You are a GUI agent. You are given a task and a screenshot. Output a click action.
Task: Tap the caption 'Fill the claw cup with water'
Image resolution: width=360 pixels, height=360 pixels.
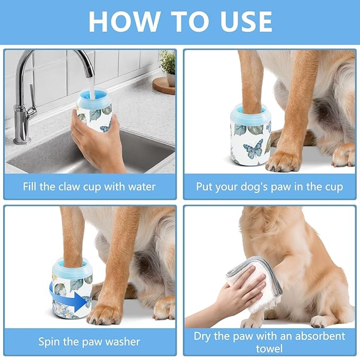coord(89,187)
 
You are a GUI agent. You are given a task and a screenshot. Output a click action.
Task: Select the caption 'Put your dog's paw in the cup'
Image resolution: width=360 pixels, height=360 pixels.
coord(269,187)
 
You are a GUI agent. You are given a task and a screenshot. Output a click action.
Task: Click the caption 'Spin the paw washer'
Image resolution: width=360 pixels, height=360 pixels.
coord(89,341)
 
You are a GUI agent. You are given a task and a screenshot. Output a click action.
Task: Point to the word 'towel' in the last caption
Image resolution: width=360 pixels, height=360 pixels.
coord(269,348)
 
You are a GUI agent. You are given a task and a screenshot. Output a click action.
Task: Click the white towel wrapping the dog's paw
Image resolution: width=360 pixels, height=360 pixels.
coord(249,281)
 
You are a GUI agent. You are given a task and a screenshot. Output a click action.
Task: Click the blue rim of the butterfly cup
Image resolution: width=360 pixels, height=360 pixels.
coord(250,112)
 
